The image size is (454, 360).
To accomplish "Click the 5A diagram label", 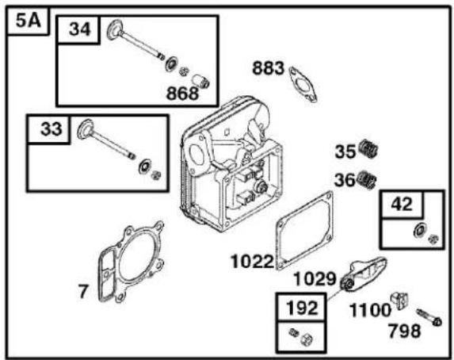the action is [28, 21].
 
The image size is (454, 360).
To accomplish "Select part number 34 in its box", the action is [79, 29].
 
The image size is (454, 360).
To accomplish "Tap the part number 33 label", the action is [52, 128].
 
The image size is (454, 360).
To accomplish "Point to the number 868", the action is [182, 94].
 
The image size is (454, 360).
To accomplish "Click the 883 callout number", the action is [269, 68].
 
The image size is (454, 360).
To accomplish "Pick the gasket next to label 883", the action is [303, 84].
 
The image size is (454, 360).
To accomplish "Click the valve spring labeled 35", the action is [368, 148].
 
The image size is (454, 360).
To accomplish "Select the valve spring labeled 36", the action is [367, 180].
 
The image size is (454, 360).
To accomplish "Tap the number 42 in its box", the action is [402, 204].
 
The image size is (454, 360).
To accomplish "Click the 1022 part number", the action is [252, 262].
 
